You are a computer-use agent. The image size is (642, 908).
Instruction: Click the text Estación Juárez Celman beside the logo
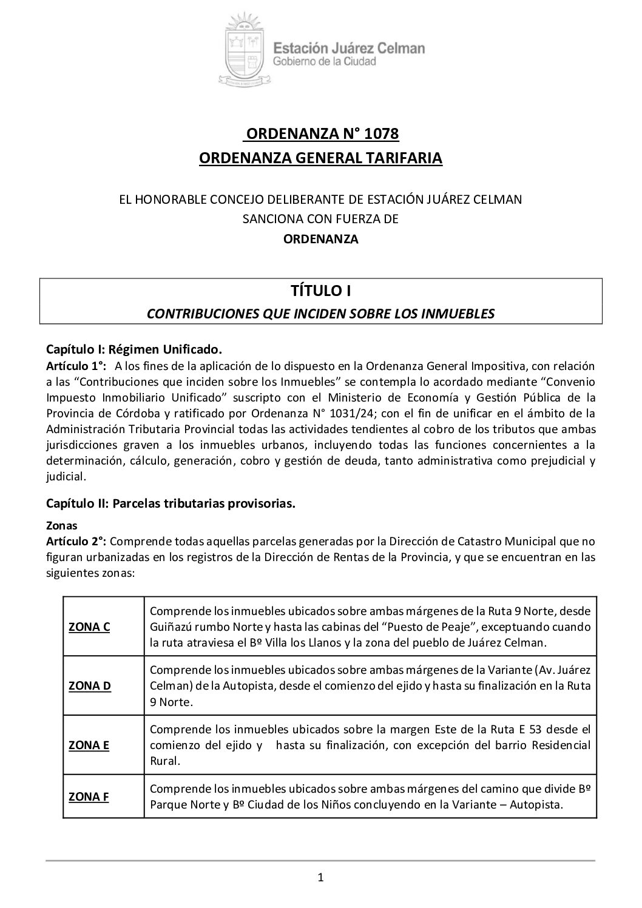[349, 48]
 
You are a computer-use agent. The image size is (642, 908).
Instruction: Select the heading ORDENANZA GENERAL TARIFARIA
[321, 158]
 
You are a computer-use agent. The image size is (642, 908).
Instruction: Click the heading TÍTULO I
[321, 291]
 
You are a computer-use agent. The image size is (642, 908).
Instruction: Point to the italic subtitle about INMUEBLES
[321, 314]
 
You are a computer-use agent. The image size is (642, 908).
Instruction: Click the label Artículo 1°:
[76, 366]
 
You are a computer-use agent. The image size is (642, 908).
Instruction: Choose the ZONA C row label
[89, 627]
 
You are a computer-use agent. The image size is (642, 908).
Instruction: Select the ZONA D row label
[90, 686]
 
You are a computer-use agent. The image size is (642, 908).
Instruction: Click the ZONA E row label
[89, 745]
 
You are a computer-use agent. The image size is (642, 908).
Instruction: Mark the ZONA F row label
[89, 796]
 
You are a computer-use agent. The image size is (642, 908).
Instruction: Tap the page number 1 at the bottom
[321, 876]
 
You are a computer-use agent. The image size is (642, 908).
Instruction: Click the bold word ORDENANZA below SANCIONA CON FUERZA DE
[321, 239]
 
